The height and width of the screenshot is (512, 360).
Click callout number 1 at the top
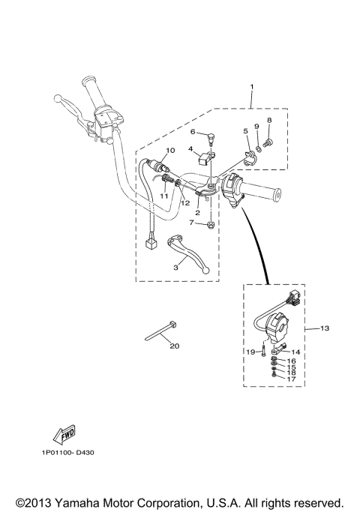(x=251, y=87)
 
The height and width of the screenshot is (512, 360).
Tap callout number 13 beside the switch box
(x=325, y=328)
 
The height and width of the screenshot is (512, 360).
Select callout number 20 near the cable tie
(x=175, y=346)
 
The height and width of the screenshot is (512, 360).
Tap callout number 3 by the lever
(x=175, y=267)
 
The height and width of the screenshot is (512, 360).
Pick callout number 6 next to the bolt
(x=192, y=132)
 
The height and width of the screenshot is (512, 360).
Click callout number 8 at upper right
(x=269, y=120)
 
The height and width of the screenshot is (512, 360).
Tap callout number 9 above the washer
(x=256, y=126)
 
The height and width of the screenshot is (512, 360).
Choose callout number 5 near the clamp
(x=244, y=131)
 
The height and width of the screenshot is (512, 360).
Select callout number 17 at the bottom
(x=292, y=379)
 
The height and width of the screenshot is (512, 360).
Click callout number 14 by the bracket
(x=294, y=351)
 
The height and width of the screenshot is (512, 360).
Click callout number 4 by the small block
(x=191, y=149)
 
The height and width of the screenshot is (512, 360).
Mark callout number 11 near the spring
(x=160, y=196)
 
